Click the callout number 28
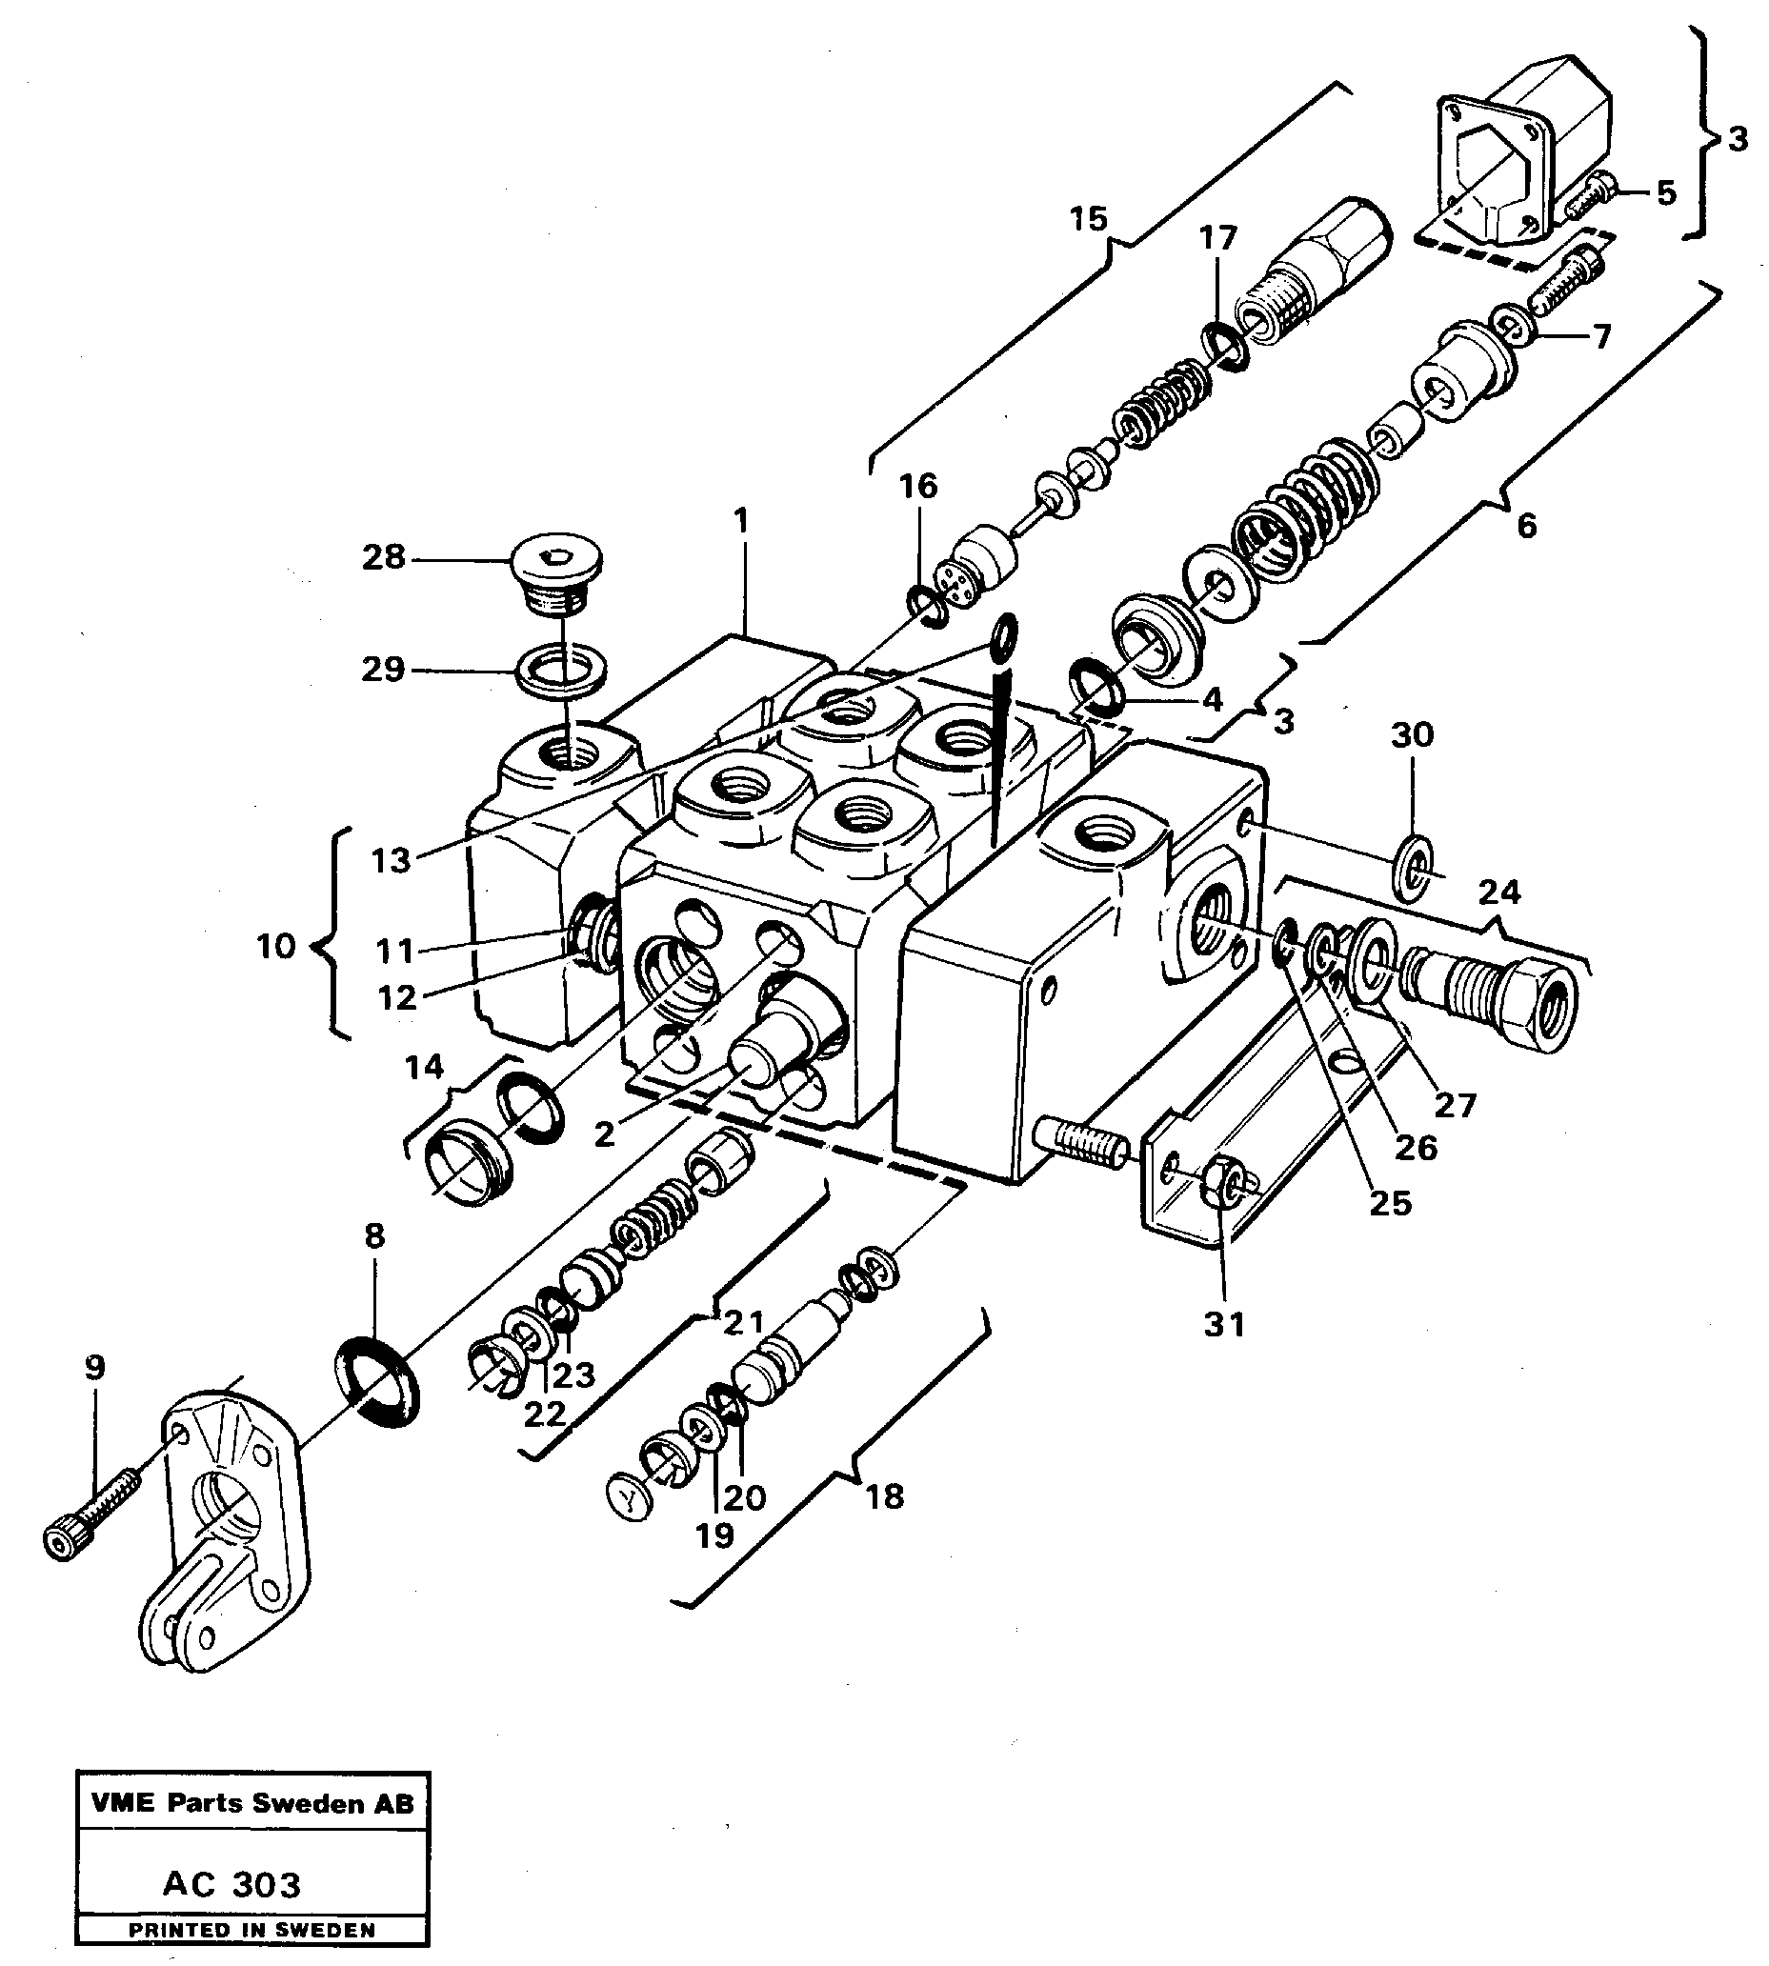383,558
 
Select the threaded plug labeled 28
556,573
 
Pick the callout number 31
1224,1324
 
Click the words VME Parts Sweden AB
251,1804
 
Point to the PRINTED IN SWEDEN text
251,1930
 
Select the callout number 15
1089,219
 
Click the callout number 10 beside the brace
276,946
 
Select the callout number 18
884,1497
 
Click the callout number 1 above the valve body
742,522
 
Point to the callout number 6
1527,526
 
